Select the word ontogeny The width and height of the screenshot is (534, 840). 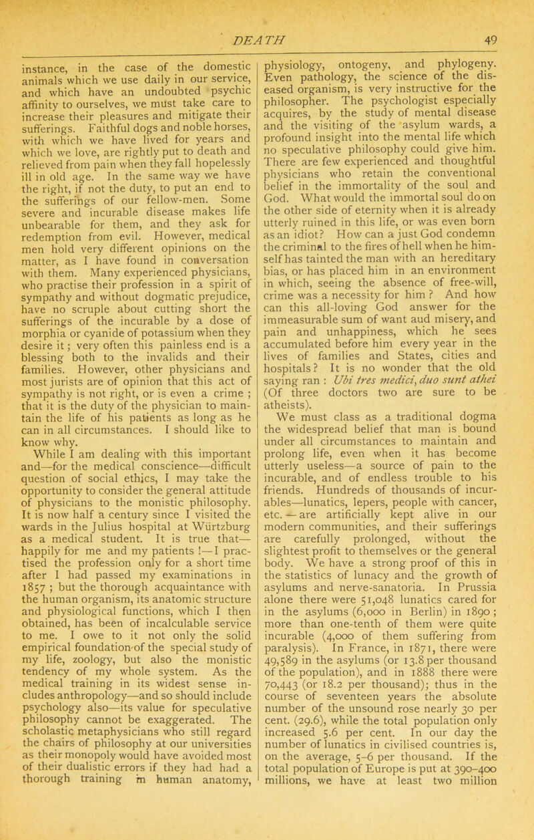coord(356,66)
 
